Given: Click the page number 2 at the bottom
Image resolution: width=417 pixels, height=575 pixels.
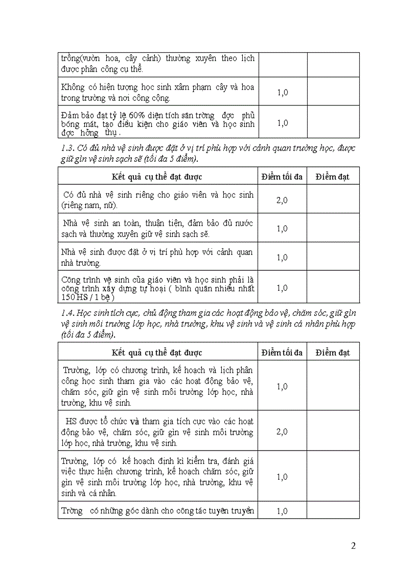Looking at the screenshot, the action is pyautogui.click(x=354, y=546).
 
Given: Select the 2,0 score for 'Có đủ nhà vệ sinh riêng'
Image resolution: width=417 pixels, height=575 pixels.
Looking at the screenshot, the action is pyautogui.click(x=282, y=200).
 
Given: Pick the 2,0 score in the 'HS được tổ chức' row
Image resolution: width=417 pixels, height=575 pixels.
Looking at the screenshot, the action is pyautogui.click(x=282, y=432).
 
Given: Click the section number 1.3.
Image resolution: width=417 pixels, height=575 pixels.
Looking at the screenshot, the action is pyautogui.click(x=67, y=148).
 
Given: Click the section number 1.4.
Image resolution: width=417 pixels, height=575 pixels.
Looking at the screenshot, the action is pyautogui.click(x=67, y=313).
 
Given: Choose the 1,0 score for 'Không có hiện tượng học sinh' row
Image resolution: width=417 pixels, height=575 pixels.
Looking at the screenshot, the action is pyautogui.click(x=282, y=93).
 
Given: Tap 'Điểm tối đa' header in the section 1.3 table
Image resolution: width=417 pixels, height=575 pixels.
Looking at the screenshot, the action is pyautogui.click(x=282, y=177).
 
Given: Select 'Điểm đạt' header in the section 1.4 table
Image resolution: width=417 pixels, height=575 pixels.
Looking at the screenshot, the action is pyautogui.click(x=333, y=353).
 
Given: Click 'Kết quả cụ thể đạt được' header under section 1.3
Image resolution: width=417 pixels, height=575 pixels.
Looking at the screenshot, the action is pyautogui.click(x=157, y=177).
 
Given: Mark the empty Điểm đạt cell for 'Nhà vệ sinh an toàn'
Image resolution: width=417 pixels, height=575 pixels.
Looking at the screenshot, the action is pyautogui.click(x=333, y=229).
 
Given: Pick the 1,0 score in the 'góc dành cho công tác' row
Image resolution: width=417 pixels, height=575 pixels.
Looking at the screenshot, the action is pyautogui.click(x=282, y=511).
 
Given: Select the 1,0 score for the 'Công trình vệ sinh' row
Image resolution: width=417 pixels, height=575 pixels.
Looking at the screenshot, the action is pyautogui.click(x=282, y=288).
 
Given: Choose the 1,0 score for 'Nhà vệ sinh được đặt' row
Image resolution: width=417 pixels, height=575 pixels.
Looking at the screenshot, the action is pyautogui.click(x=282, y=258).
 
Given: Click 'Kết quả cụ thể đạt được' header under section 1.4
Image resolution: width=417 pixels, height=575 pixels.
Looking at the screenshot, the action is pyautogui.click(x=157, y=353).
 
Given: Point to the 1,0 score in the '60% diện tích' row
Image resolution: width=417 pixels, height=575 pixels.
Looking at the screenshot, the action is pyautogui.click(x=282, y=123).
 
